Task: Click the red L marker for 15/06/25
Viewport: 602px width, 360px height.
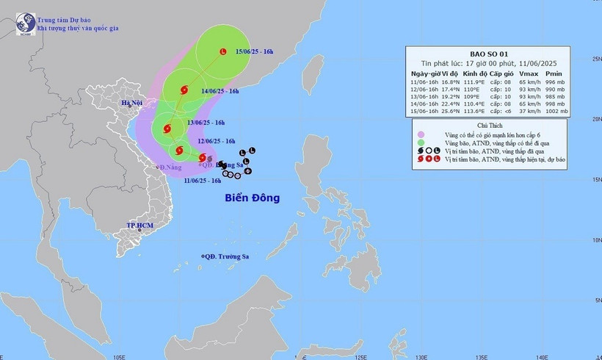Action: [223, 51]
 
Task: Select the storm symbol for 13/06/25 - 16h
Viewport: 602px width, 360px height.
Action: [165, 129]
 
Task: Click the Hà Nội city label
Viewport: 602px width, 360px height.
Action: [134, 104]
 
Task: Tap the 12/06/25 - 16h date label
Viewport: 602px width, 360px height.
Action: [216, 141]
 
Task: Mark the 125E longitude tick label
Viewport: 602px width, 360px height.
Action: [360, 356]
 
